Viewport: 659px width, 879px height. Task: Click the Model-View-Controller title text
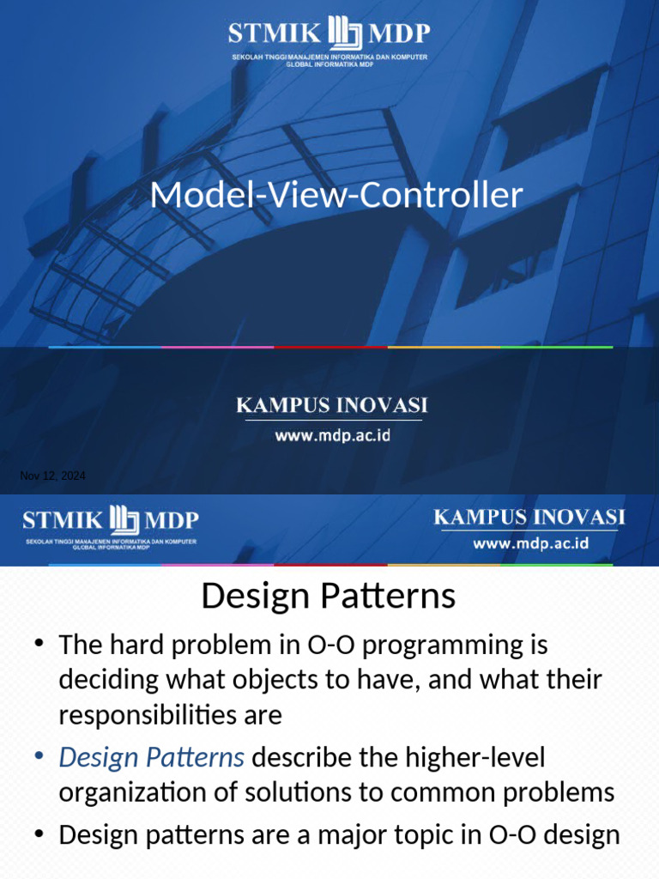336,195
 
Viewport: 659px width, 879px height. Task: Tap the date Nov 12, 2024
52,476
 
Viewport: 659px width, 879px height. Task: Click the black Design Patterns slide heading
329,596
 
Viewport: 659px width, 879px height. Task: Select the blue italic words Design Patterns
151,758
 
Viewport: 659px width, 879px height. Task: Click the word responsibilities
148,715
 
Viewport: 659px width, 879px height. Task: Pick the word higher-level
475,757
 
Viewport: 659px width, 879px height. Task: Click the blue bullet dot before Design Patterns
39,757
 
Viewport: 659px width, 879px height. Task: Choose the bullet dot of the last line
39,834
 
